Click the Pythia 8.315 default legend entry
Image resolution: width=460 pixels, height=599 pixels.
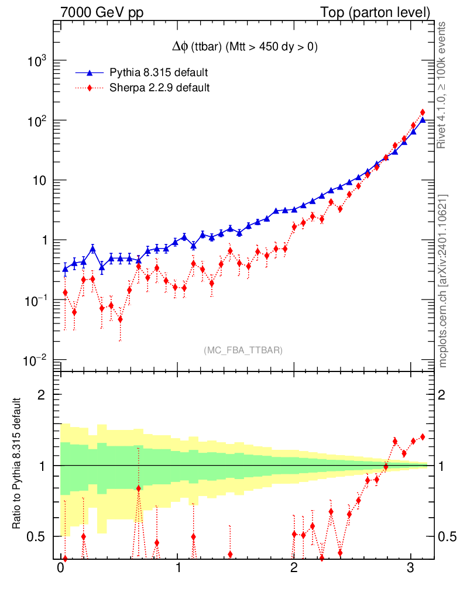[x=159, y=73]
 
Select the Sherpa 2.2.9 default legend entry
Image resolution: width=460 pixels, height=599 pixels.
[x=160, y=88]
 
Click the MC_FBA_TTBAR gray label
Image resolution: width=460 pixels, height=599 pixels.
[x=243, y=350]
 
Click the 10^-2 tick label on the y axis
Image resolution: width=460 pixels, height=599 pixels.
[x=36, y=360]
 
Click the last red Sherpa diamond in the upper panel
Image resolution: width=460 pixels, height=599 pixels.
[x=422, y=112]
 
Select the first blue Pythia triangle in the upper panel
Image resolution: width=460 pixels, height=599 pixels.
[x=65, y=269]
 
